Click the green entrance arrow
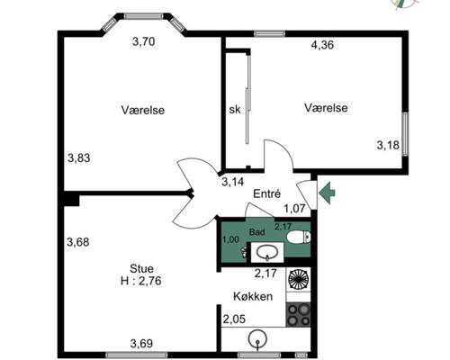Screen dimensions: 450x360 tap(327, 193)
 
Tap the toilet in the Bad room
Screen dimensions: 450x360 tap(299, 237)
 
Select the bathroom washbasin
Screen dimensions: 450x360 tap(267, 252)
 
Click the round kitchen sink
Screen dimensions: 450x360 tap(257, 339)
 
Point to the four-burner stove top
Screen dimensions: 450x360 tap(298, 314)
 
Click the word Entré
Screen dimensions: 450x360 tap(267, 193)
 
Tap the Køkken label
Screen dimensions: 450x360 tap(253, 296)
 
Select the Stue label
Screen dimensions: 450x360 tap(141, 268)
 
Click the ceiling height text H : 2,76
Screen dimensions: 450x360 tap(141, 281)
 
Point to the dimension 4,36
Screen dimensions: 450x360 tap(322, 45)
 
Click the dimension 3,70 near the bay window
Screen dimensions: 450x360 tap(144, 41)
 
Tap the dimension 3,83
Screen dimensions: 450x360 tap(78, 157)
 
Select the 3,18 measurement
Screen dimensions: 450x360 tap(388, 145)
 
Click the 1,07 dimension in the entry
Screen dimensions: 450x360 tap(294, 209)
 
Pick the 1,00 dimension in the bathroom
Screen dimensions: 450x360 tap(230, 239)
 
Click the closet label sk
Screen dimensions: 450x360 tap(235, 110)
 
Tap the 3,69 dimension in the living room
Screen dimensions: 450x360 tap(141, 343)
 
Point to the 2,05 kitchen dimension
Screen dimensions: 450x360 tap(234, 319)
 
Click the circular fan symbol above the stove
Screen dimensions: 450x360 tap(298, 280)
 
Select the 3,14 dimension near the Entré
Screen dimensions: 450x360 tap(233, 182)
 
